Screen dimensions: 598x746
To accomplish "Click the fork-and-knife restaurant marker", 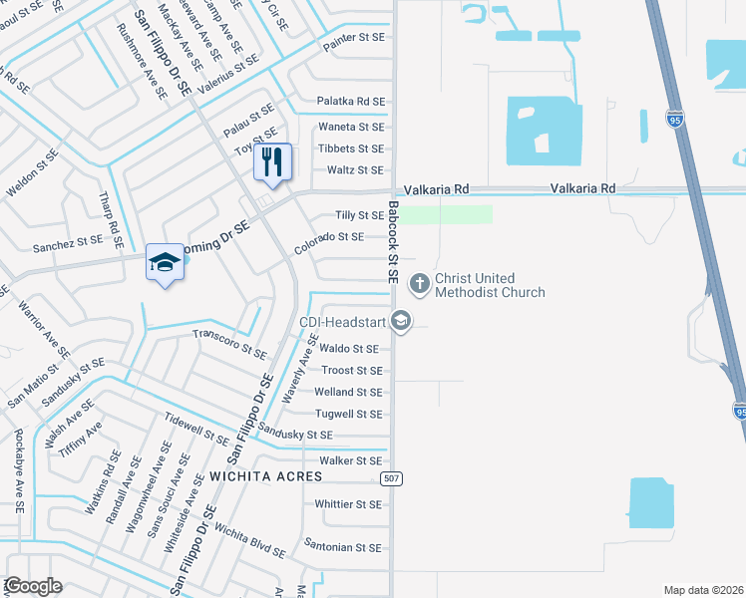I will pos(272,161).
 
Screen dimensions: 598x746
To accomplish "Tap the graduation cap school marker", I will pos(165,262).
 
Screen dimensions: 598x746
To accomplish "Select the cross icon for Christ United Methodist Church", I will pos(420,284).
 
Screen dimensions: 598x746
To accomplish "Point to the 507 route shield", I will pos(391,479).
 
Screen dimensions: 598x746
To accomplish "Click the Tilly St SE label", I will pos(360,215).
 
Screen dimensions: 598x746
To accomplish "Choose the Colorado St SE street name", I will pos(329,237).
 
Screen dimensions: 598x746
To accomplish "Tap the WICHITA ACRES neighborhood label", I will pos(265,476).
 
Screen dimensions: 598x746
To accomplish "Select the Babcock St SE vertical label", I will pos(394,243).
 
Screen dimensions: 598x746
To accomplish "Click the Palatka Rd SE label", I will pos(350,102).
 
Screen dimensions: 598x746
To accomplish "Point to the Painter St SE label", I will pos(353,36).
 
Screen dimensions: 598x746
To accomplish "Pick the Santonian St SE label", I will pos(343,547).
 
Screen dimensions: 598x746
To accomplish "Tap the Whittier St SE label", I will pos(348,504).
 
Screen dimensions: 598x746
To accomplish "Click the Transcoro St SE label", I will pos(229,344).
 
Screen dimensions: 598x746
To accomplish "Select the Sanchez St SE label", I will pos(68,241).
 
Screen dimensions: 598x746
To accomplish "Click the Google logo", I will pos(34,586).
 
